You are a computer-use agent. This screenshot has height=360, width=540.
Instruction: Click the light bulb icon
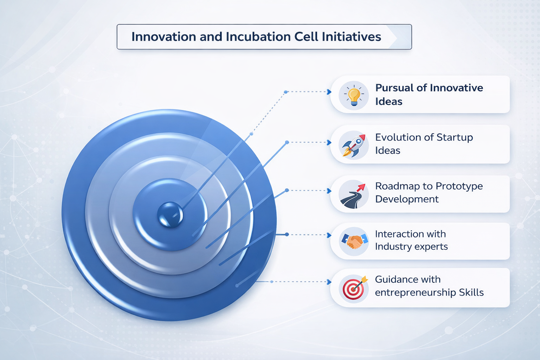pos(354,96)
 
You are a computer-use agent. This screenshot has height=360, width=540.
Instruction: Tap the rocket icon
pos(354,146)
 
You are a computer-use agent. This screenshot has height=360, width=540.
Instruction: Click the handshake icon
pos(354,242)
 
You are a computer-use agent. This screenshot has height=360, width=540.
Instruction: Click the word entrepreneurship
pos(415,293)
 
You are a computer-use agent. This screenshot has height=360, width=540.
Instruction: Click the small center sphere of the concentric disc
pos(170,214)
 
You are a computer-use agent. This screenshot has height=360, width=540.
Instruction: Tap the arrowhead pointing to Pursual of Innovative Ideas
pos(329,92)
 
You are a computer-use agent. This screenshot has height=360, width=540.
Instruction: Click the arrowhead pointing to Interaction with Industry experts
pos(329,235)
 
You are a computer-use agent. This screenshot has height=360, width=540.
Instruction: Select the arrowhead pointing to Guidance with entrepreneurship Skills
pos(329,282)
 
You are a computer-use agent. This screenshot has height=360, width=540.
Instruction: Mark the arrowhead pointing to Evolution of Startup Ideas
pos(329,142)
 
